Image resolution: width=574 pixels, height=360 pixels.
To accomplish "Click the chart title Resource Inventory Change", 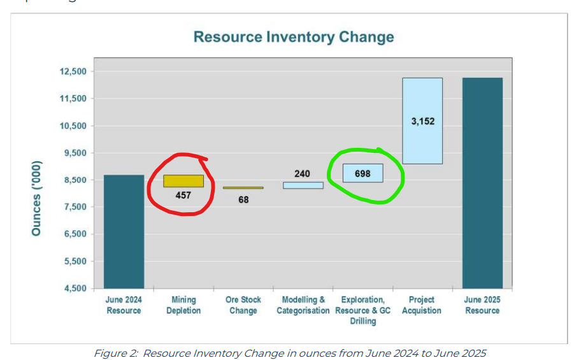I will pos(294,36).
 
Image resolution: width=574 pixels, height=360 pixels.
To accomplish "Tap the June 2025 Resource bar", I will pos(482,183).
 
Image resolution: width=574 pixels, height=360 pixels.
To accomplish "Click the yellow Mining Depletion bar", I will pos(183,181).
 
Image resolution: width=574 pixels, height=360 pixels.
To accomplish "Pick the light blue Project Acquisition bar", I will pos(422,121).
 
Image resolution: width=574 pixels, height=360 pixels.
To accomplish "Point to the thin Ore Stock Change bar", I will pos(243,188).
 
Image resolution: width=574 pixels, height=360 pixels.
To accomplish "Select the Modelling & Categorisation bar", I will pos(303,185).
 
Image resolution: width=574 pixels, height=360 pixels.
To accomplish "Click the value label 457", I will pos(183,196).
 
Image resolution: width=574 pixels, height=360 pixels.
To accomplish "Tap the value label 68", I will pos(243,199).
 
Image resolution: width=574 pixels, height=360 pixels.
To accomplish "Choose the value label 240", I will pos(303,173).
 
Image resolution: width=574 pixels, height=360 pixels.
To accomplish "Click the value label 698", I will pos(362,173).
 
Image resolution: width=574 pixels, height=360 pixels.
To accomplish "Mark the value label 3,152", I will pos(422,120).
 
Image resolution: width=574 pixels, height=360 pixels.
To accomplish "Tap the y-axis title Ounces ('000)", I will pos(36,194).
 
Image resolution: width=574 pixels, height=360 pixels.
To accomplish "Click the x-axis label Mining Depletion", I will pos(183,305).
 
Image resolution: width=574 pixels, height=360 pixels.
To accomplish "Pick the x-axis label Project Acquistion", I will pos(422,305).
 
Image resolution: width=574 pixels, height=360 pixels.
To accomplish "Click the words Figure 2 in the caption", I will pos(115,353).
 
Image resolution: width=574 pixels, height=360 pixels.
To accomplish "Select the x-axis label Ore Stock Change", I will pos(243,305).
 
